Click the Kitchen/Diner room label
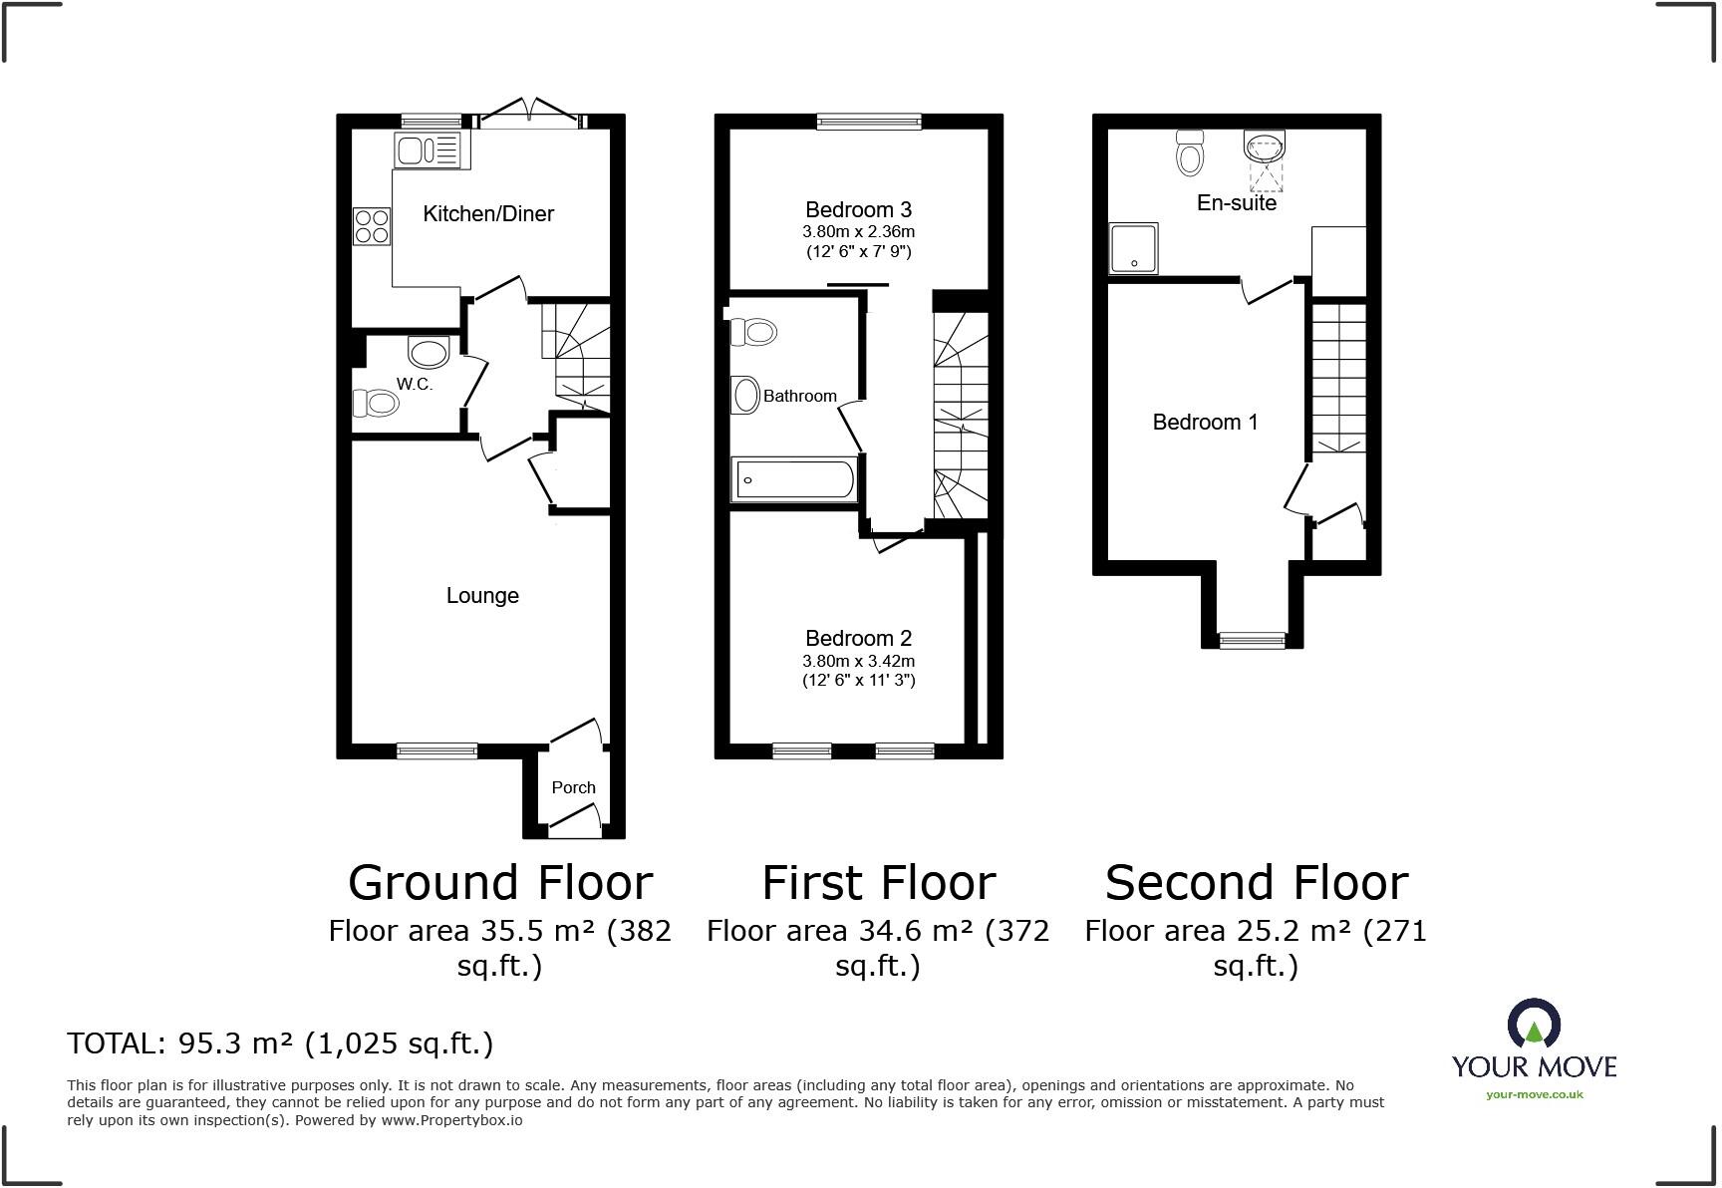[488, 213]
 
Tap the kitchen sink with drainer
[428, 150]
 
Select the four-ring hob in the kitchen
[372, 225]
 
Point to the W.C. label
[415, 384]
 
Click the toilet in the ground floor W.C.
[376, 403]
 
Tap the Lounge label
[482, 595]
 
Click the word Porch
[573, 787]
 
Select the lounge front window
[436, 750]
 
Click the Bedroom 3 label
[858, 209]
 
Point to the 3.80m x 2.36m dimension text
[858, 231]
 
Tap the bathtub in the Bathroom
[794, 480]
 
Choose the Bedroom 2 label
[858, 638]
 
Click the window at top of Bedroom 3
[868, 122]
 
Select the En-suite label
[1236, 202]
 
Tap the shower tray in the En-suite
[1134, 247]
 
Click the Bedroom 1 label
[1205, 422]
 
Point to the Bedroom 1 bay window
[1253, 640]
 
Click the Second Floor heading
[1256, 883]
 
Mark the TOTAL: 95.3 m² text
[280, 1043]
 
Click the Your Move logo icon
[1534, 1027]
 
